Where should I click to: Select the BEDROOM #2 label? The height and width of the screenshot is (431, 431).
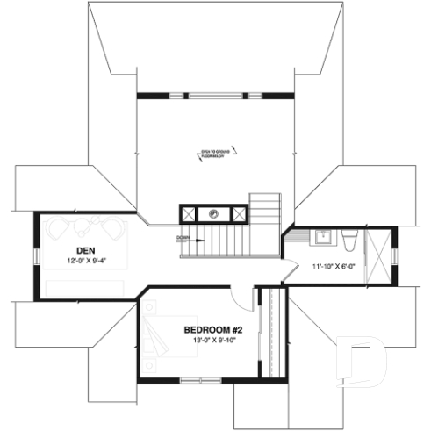(x=212, y=330)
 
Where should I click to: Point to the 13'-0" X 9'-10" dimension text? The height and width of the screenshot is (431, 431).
(x=213, y=341)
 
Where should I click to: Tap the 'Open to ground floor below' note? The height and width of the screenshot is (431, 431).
(x=213, y=154)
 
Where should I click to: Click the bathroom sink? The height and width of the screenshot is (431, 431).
(x=321, y=236)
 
